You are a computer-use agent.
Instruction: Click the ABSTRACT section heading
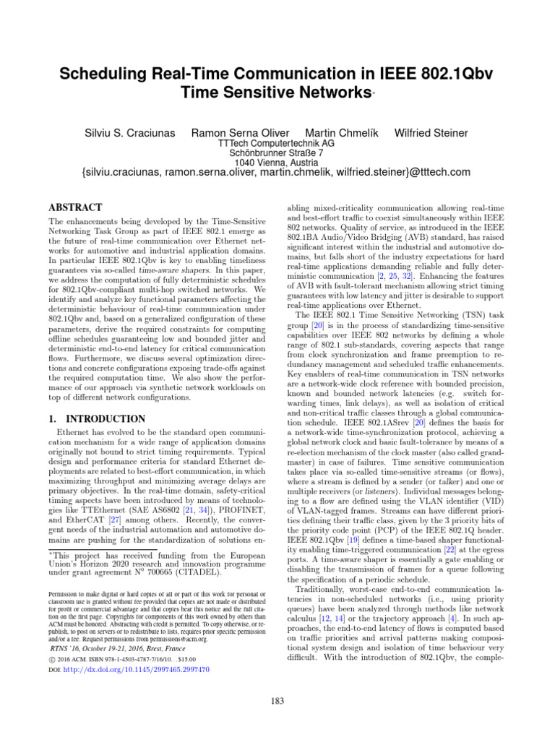75,207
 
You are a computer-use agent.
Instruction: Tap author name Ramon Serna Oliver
240,133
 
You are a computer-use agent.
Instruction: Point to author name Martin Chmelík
342,133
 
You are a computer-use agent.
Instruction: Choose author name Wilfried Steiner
431,133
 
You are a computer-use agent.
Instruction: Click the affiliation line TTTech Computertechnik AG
276,144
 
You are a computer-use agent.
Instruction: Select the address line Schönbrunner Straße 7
276,153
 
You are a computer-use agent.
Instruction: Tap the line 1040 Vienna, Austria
276,163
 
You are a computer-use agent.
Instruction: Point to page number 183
277,700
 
